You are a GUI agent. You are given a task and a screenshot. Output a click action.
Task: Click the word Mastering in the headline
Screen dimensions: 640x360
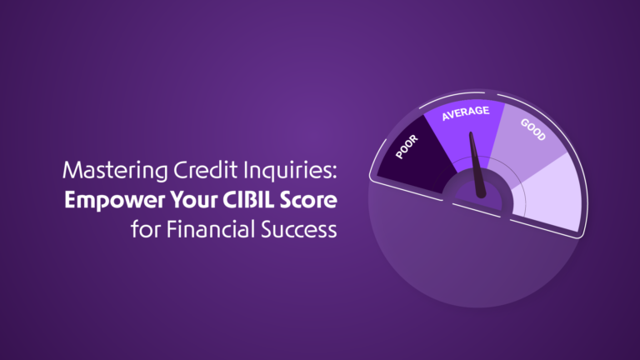tap(115, 171)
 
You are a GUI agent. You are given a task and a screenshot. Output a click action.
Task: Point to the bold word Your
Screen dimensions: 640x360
tap(194, 200)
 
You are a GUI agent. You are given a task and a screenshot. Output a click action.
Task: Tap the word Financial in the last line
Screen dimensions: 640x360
tap(211, 229)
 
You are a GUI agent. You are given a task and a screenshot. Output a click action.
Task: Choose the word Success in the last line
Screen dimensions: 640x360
tap(299, 229)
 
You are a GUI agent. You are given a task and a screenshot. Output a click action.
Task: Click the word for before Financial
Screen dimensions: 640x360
tap(145, 229)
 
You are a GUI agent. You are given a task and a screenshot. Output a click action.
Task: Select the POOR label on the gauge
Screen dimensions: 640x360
tap(407, 147)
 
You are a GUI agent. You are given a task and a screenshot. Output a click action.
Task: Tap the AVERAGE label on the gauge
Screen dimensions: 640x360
tap(466, 113)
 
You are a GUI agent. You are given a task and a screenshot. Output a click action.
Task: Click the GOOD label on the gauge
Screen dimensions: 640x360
tap(533, 129)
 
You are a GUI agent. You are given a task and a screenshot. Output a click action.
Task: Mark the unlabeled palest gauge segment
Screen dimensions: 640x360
tap(549, 192)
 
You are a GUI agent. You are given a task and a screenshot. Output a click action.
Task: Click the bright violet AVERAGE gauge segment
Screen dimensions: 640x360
tap(465, 131)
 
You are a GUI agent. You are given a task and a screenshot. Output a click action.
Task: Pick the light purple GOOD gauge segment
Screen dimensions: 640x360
tap(527, 142)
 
